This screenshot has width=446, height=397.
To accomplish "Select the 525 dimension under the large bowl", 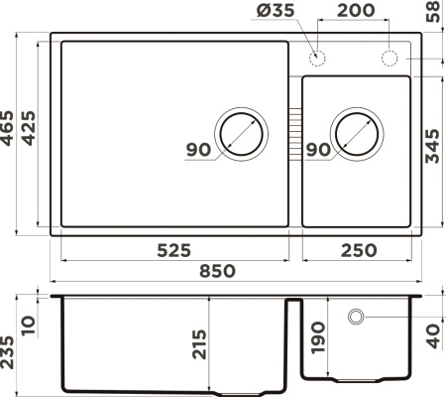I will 173,248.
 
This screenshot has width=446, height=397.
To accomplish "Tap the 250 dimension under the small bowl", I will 357,248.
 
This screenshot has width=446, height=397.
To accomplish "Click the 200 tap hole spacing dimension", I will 352,13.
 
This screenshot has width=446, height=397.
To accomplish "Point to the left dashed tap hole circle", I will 319,56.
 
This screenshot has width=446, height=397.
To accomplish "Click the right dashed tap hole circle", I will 390,56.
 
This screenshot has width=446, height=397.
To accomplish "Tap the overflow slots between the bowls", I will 294,131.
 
